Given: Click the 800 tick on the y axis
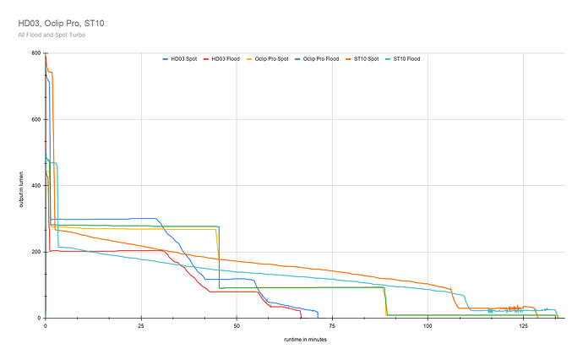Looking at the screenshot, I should click(36, 53).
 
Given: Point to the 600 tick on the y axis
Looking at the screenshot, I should click(36, 119).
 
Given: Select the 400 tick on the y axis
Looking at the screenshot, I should click(36, 185).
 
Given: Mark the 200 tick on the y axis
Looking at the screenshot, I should click(36, 252).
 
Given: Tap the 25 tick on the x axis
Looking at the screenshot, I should click(141, 325).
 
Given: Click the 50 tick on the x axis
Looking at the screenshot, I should click(237, 325).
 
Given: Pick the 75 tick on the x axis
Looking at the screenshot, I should click(332, 325).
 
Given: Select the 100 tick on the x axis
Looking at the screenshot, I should click(428, 325).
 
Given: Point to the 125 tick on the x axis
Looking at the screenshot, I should click(523, 325).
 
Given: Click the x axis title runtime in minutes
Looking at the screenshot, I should click(305, 339).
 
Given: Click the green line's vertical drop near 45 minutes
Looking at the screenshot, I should click(220, 262).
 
